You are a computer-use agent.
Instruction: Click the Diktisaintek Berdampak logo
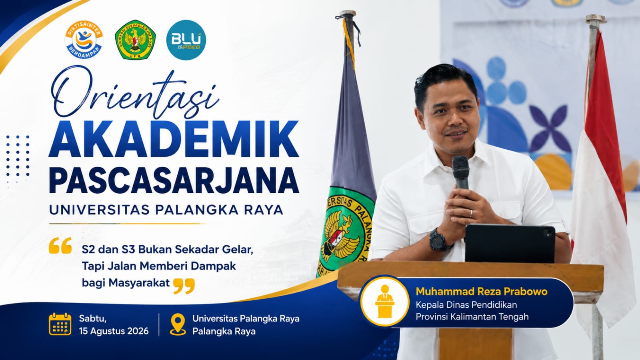click(x=84, y=40)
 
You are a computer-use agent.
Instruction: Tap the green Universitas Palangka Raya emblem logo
click(x=135, y=40)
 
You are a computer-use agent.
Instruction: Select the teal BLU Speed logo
click(x=186, y=40)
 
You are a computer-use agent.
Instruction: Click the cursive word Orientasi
click(x=134, y=93)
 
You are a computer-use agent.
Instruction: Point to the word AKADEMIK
click(x=174, y=139)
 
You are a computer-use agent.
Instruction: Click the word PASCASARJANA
click(x=174, y=180)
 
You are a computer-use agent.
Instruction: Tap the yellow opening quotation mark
click(x=60, y=246)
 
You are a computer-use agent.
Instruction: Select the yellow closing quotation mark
click(x=184, y=286)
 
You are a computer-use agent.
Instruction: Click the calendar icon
click(x=60, y=324)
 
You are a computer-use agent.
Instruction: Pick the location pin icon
click(x=178, y=324)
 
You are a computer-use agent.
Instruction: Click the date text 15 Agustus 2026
click(x=114, y=331)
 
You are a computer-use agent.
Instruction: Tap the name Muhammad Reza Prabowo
click(x=482, y=291)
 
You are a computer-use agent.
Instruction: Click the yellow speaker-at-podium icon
click(x=384, y=302)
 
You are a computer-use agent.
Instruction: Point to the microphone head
click(x=460, y=168)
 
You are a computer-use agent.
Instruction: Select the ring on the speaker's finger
click(x=471, y=214)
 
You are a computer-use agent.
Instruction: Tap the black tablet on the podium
click(x=510, y=244)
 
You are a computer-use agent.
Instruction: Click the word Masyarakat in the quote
click(x=139, y=283)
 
